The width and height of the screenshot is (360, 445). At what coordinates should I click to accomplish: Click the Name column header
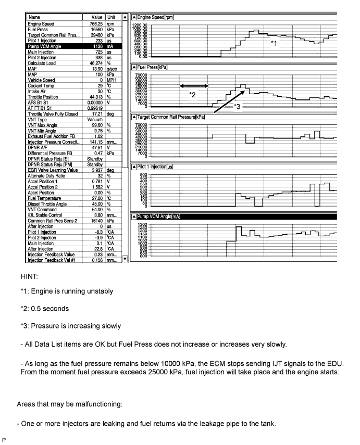point(35,18)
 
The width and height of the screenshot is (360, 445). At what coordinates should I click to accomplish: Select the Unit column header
point(111,18)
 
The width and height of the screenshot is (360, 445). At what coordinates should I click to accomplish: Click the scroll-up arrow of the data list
point(125,18)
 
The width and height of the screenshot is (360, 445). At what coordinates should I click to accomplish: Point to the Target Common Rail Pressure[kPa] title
point(170,117)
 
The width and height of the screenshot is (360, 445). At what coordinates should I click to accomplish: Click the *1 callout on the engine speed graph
point(275,44)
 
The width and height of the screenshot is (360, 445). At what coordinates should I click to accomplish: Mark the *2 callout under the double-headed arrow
point(192,95)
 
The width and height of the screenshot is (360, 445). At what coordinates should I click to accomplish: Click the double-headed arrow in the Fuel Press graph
point(193,86)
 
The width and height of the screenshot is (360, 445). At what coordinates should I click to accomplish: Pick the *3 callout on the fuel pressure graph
point(237,106)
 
